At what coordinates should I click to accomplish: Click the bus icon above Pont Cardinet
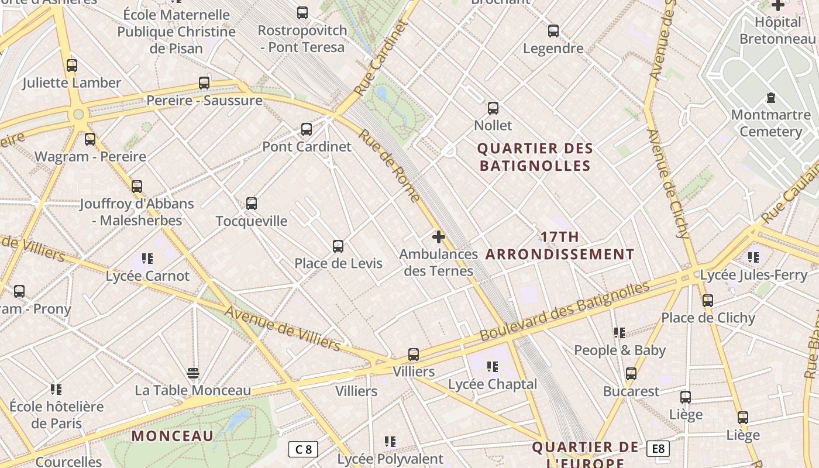[306, 129]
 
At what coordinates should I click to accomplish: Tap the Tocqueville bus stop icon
[252, 204]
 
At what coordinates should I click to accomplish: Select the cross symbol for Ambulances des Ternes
[438, 237]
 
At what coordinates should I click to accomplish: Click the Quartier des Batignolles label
[536, 157]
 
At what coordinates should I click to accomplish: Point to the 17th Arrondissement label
[560, 246]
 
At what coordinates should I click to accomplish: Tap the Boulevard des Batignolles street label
[565, 311]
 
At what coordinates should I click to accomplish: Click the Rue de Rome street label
[390, 165]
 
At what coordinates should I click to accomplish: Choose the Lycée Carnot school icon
[147, 258]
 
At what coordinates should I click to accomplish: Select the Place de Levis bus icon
[338, 246]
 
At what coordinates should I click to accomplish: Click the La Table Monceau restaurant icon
[193, 373]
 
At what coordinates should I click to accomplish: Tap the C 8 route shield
[304, 449]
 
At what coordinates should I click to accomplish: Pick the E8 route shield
[658, 449]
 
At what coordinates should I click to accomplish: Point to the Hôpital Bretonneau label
[777, 30]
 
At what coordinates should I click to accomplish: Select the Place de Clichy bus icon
[708, 301]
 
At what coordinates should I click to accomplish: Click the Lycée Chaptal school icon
[493, 367]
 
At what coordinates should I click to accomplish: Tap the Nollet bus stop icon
[493, 108]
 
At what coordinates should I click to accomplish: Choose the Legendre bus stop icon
[553, 31]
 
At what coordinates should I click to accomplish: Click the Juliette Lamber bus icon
[72, 66]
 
